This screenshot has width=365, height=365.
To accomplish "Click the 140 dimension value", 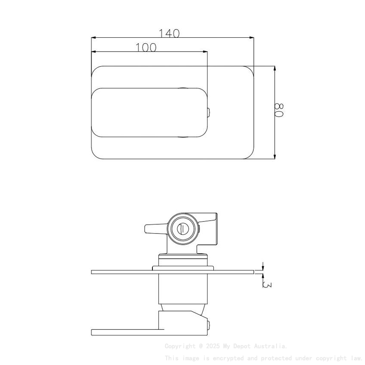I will coord(169,33).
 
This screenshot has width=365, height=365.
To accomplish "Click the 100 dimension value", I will coord(146,48).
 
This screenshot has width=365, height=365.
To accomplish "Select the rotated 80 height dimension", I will coord(280,110).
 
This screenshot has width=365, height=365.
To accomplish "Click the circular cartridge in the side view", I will coord(182,228).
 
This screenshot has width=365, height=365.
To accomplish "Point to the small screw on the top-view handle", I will coord(208,113).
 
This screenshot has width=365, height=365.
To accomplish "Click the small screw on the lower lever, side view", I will coord(208,325).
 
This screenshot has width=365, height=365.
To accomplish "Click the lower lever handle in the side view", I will coord(129,332).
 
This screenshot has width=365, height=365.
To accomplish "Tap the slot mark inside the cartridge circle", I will coord(182,228).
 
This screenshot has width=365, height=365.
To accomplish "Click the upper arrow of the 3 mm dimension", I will coord(263,266).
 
